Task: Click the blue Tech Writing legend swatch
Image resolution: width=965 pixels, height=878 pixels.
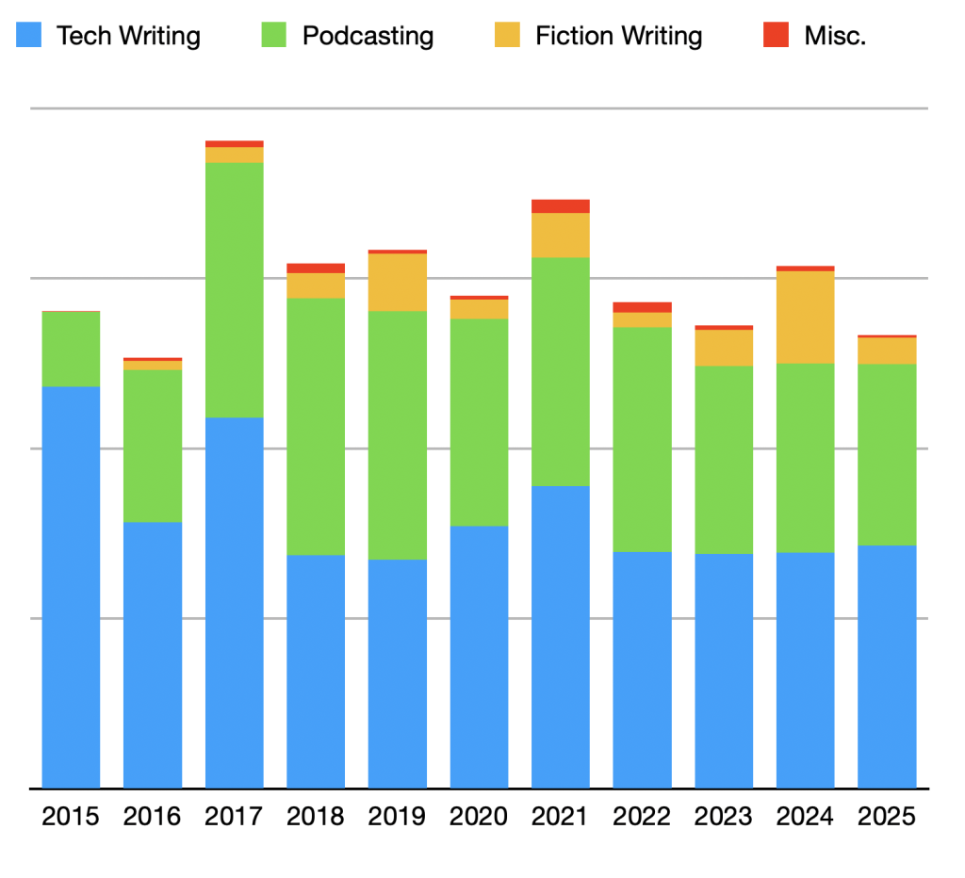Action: coord(28,36)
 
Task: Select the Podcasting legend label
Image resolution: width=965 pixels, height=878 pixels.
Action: coord(368,37)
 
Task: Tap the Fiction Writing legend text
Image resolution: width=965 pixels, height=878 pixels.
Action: coord(618,37)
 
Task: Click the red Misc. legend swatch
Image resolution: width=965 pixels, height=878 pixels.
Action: coord(776,36)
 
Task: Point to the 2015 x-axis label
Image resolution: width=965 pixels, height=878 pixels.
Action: coord(71,816)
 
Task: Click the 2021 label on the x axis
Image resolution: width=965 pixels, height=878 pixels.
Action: coord(561,816)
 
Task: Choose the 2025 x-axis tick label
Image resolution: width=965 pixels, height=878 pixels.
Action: coord(887,816)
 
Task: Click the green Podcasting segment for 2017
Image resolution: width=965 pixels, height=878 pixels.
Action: coord(235,290)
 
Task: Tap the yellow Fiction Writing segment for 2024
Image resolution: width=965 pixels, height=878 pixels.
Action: coord(806,317)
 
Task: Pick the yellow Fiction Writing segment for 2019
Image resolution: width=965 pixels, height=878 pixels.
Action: coord(398,283)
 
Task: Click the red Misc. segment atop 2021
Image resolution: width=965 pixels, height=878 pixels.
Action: coord(561,206)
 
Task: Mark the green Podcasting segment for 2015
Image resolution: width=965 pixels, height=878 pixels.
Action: coord(72,349)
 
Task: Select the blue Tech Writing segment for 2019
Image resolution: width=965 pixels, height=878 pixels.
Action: coord(398,674)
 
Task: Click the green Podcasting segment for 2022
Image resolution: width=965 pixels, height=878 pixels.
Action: coord(642,439)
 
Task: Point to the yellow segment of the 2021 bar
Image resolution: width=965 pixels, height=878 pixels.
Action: coord(561,236)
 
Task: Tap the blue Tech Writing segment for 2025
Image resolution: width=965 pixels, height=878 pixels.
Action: coord(887,666)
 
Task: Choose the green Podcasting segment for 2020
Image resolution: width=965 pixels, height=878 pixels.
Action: coord(479,422)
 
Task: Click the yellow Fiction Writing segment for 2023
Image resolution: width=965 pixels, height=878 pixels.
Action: coord(724,348)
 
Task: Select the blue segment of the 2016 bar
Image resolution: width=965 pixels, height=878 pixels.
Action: coord(153,655)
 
